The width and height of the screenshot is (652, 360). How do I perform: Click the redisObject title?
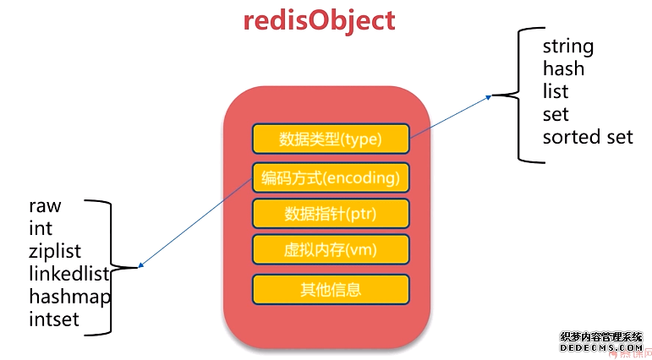click(319, 19)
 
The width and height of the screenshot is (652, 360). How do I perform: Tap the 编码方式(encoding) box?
click(331, 178)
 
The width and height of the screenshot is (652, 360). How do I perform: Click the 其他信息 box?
click(331, 290)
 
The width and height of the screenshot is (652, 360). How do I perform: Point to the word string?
click(568, 46)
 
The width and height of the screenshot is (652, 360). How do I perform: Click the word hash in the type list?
click(563, 68)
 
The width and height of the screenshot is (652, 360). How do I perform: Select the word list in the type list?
click(556, 91)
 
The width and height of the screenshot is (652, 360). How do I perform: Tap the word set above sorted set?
click(556, 114)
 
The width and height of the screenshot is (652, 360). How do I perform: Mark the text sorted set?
click(588, 137)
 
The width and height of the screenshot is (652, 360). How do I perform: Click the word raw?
click(45, 205)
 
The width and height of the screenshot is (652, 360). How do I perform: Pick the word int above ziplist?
click(40, 228)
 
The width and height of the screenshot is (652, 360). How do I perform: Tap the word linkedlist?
click(68, 274)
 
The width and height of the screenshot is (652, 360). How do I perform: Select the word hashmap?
click(70, 297)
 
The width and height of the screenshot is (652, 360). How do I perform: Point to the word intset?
click(54, 319)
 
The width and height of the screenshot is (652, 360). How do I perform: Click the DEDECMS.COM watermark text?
click(602, 347)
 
